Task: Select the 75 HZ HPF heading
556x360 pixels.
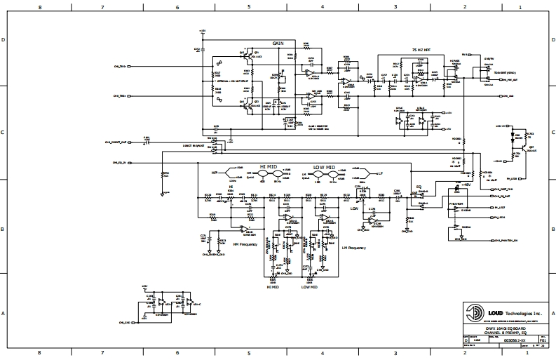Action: click(421, 49)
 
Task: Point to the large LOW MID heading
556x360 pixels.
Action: click(324, 167)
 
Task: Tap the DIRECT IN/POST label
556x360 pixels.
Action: click(194, 146)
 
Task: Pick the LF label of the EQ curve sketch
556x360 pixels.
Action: click(380, 172)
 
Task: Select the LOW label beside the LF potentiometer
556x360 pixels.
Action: click(354, 208)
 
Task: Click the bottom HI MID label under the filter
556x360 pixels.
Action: click(274, 286)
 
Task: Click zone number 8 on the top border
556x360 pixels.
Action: click(40, 6)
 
